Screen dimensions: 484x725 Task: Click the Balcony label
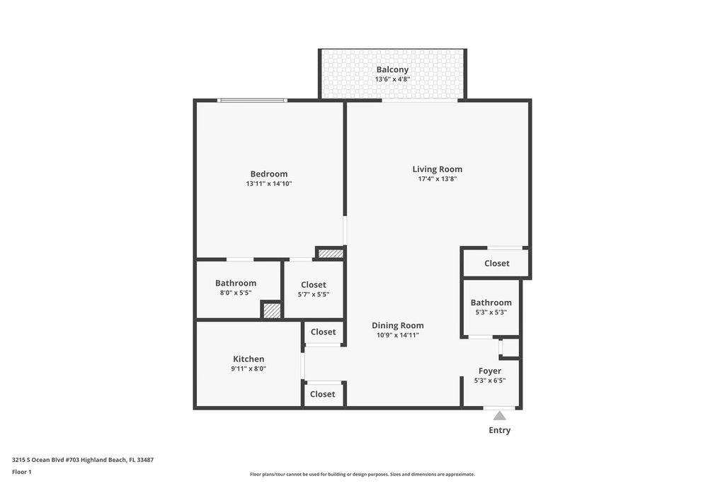(392, 69)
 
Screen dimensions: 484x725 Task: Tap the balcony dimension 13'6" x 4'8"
(392, 79)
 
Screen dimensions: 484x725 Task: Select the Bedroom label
(269, 174)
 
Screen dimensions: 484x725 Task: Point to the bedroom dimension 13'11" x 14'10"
(269, 184)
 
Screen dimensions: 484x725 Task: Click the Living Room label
(438, 169)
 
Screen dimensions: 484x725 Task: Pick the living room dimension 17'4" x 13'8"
(438, 179)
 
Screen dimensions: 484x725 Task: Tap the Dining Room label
(397, 325)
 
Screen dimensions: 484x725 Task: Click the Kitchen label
(249, 359)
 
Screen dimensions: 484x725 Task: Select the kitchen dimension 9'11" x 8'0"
(249, 368)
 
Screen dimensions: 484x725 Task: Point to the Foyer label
(489, 371)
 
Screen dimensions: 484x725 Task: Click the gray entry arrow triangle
(500, 416)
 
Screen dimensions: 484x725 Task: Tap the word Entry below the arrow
(500, 430)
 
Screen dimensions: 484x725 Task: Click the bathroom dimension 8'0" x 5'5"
(236, 293)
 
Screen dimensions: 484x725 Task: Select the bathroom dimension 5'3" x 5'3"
(491, 312)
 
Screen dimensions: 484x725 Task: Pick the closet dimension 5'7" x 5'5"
(314, 294)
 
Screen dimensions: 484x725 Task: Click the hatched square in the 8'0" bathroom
(272, 310)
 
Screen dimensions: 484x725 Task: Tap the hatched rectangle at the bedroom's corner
(331, 253)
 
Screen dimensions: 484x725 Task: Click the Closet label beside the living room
(496, 263)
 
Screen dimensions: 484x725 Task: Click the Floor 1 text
(22, 471)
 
